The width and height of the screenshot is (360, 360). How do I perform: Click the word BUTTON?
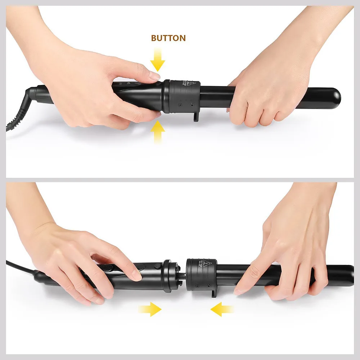pyautogui.click(x=168, y=38)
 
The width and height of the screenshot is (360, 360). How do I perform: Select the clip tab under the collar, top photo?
pyautogui.click(x=195, y=116)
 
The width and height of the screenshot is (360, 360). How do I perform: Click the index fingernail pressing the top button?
pyautogui.click(x=154, y=76)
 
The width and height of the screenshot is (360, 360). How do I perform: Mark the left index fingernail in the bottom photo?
pyautogui.click(x=136, y=276)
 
